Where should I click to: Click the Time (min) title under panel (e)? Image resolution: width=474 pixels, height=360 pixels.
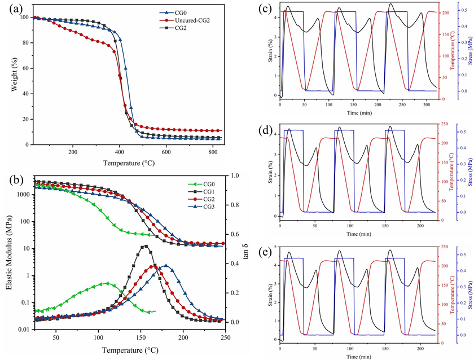(x=359, y=357)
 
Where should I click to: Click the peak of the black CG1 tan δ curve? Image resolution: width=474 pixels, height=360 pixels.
(x=145, y=245)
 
